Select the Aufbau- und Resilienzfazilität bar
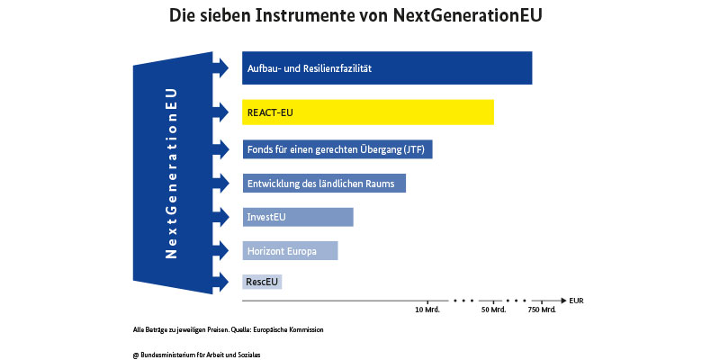point(387,68)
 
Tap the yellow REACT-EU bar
point(368,112)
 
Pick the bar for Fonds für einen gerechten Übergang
point(337,148)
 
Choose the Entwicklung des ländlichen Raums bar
point(324,183)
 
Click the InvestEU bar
point(298,217)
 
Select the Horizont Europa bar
point(290,251)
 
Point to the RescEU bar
point(262,282)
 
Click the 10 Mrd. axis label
point(428,310)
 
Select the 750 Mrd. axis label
point(542,310)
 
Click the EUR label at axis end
point(576,300)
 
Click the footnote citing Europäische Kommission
point(227,330)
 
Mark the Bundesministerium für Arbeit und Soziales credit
point(197,355)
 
